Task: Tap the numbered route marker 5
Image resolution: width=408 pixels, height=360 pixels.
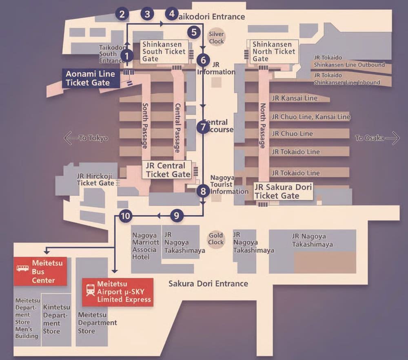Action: (x=194, y=31)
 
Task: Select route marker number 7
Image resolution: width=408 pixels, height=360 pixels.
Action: (x=203, y=127)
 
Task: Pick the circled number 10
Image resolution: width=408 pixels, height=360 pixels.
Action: (x=126, y=216)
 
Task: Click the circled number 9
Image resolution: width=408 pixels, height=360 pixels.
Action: (x=176, y=216)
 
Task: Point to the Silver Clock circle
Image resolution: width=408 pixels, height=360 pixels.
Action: (x=216, y=38)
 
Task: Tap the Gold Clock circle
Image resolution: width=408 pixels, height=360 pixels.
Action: (x=216, y=239)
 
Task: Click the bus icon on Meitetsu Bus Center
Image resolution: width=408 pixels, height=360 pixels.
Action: (x=22, y=268)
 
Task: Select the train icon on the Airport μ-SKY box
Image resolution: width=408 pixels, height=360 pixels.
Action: (x=91, y=290)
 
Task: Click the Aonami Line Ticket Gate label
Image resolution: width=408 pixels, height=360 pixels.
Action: (x=91, y=78)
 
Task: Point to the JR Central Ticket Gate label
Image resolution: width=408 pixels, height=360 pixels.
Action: (x=168, y=170)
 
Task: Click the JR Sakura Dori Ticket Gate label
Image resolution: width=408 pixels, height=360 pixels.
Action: (x=284, y=192)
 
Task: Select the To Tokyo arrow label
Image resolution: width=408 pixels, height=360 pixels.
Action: (x=86, y=138)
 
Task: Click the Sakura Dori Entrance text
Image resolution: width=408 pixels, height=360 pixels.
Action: (x=208, y=283)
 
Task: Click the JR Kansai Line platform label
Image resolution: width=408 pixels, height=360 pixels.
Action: (x=295, y=98)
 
